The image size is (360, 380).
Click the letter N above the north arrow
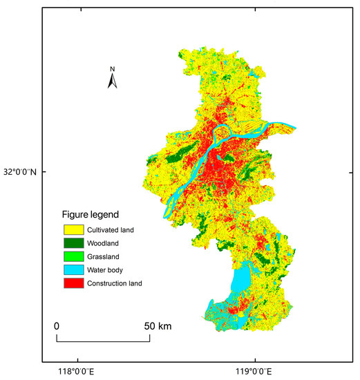(x=113, y=69)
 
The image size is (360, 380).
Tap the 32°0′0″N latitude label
(x=21, y=171)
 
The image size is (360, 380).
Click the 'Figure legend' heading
(x=91, y=214)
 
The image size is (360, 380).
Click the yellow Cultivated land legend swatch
(x=73, y=229)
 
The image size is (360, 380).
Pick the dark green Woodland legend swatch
(x=73, y=243)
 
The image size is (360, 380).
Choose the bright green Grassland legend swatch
(x=73, y=256)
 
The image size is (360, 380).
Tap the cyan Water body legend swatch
(x=73, y=269)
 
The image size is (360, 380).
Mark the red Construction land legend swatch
(x=73, y=283)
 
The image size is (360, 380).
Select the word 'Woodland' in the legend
(x=104, y=243)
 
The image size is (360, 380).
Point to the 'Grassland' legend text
(x=104, y=256)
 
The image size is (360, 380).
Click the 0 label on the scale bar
(x=57, y=325)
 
